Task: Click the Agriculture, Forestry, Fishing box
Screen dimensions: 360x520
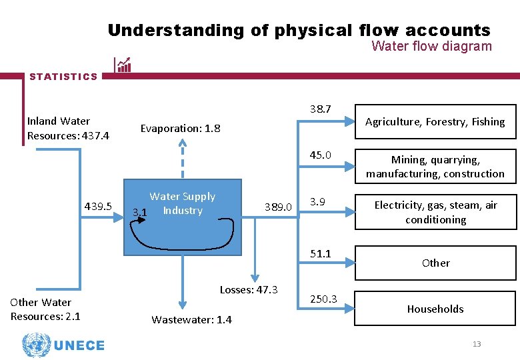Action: (x=435, y=121)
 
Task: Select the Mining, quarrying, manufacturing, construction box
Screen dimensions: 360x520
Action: (x=435, y=167)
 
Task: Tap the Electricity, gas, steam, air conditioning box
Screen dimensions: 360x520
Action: (x=435, y=212)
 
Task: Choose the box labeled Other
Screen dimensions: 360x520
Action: (x=435, y=263)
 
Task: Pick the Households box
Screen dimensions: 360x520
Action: (x=435, y=309)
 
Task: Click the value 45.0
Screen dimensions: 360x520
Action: (x=320, y=155)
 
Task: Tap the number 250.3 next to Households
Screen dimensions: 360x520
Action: (x=324, y=299)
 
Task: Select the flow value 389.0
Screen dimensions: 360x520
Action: (x=279, y=207)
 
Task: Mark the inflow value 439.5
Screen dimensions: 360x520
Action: (x=98, y=205)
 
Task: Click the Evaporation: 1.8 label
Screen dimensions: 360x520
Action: (x=180, y=128)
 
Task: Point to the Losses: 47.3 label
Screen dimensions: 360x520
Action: (x=249, y=289)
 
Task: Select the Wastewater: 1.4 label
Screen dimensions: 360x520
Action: (x=191, y=319)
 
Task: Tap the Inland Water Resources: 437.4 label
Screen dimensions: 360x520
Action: (x=68, y=128)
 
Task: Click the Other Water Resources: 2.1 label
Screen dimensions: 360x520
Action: (x=45, y=309)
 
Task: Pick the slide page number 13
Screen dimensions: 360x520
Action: (x=476, y=344)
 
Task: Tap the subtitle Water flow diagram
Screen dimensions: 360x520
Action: (x=431, y=46)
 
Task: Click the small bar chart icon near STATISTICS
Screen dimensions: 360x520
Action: (x=123, y=64)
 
